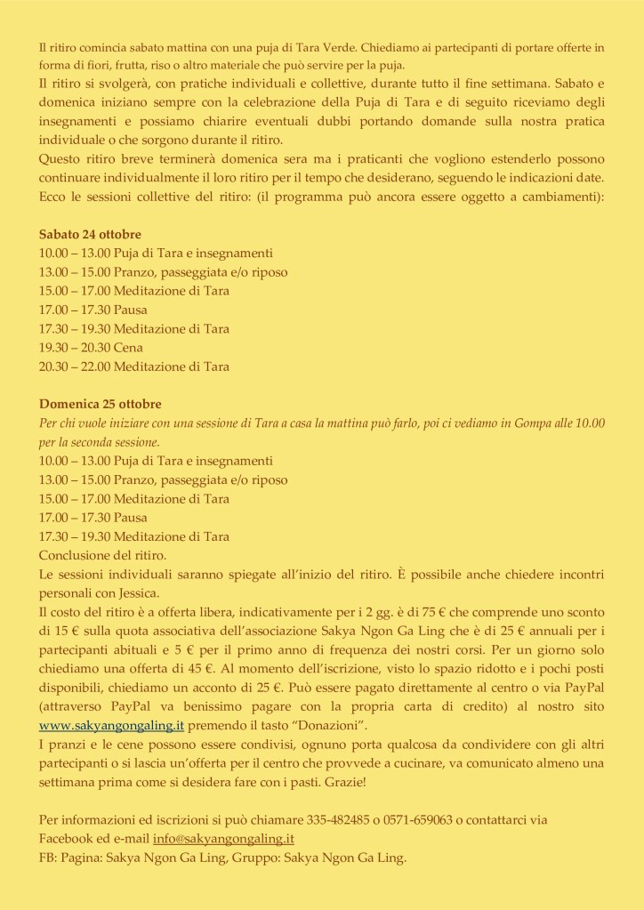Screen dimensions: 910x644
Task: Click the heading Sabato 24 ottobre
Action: (x=90, y=235)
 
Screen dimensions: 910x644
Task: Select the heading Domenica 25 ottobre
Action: (x=100, y=403)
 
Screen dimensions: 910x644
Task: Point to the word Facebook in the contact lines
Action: (x=68, y=839)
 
